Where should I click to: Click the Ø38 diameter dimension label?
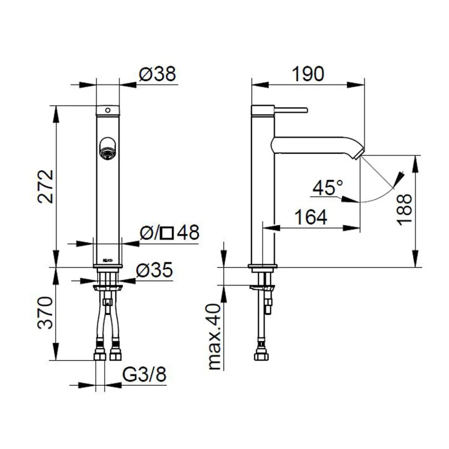click(x=157, y=74)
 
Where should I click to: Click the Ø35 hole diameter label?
click(x=154, y=270)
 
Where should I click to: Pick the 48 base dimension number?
click(x=188, y=233)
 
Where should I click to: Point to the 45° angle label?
click(x=328, y=189)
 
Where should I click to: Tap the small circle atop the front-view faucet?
click(x=108, y=110)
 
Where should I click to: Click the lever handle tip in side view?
click(x=306, y=110)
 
